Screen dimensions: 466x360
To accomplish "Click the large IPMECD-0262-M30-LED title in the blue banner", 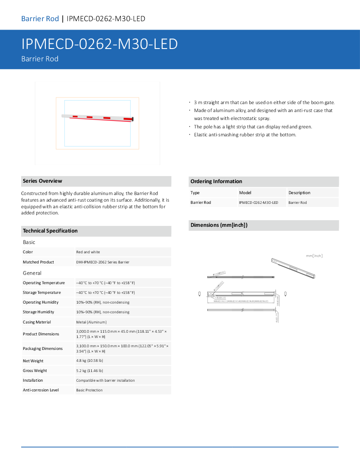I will pyautogui.click(x=100, y=44).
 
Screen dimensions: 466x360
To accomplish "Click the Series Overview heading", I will pyautogui.click(x=42, y=181).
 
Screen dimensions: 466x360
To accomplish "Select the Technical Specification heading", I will pyautogui.click(x=50, y=231).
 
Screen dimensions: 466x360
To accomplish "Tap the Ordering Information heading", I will pyautogui.click(x=216, y=181).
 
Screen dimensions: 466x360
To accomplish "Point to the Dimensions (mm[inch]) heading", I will pyautogui.click(x=219, y=225).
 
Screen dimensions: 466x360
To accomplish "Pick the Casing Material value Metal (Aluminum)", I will pyautogui.click(x=91, y=322).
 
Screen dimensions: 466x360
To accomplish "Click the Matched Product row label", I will pyautogui.click(x=38, y=262).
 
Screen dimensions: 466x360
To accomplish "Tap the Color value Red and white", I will pyautogui.click(x=88, y=252).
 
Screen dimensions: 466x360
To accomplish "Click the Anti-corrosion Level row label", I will pyautogui.click(x=41, y=390).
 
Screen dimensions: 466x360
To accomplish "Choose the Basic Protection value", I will pyautogui.click(x=89, y=390).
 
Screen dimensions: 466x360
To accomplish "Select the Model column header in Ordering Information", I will pyautogui.click(x=245, y=193).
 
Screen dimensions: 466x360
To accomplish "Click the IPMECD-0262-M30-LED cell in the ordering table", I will pyautogui.click(x=259, y=203).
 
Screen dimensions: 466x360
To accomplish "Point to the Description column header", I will pyautogui.click(x=299, y=193).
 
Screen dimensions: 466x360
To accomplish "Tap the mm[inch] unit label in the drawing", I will pyautogui.click(x=314, y=256).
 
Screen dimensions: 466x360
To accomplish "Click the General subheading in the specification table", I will pyautogui.click(x=32, y=273).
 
